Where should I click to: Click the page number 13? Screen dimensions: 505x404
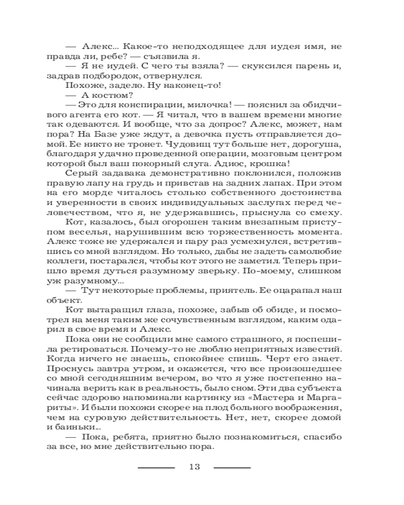[x=194, y=467]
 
